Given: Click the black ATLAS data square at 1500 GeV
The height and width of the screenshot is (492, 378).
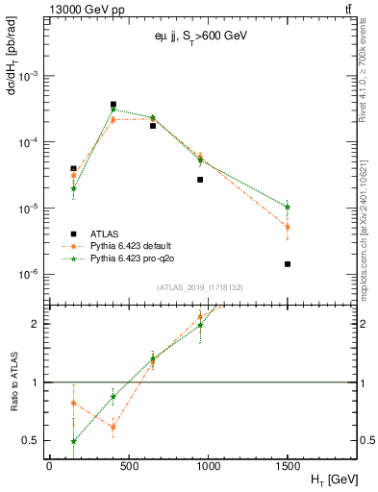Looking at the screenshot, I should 288,264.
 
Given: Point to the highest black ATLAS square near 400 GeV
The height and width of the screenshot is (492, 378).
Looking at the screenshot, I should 113,105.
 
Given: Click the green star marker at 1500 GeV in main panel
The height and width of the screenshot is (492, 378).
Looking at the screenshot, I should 288,207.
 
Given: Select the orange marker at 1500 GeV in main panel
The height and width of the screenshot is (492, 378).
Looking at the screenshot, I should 288,227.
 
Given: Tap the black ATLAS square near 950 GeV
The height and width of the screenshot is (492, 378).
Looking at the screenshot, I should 200,180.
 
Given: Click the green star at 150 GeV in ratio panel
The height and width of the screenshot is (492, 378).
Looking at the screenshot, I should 73,442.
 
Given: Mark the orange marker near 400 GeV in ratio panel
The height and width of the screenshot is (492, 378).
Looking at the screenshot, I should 113,427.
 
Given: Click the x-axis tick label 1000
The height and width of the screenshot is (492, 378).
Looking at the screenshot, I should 208,466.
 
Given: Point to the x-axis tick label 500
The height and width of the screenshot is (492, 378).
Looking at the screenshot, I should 128,466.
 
